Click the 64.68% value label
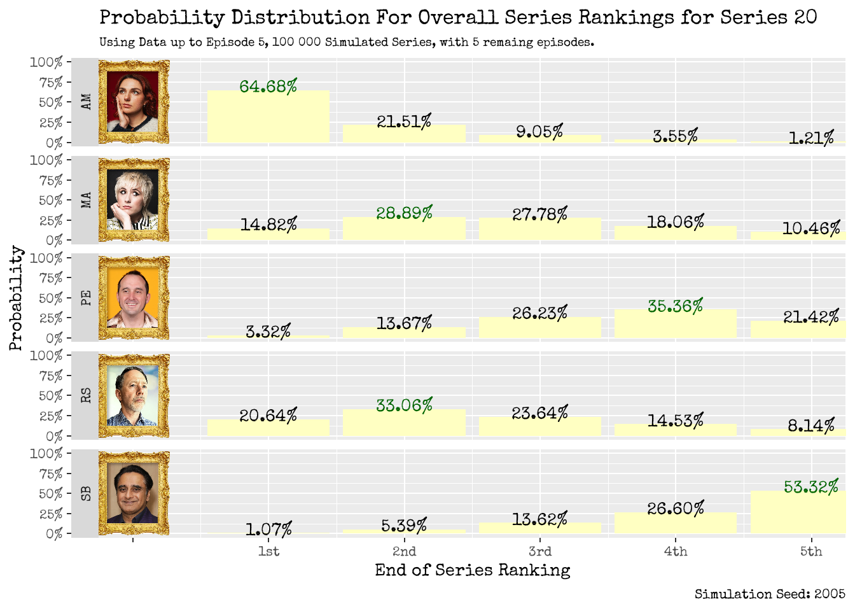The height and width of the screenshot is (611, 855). click(x=268, y=86)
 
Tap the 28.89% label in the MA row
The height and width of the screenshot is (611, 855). click(x=404, y=213)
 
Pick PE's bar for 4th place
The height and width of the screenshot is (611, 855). click(x=675, y=324)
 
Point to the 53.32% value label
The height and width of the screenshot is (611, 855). click(x=810, y=487)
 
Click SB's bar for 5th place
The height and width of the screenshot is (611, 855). click(x=798, y=512)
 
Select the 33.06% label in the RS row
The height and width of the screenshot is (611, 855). click(x=404, y=405)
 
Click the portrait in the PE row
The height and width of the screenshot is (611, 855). click(x=134, y=298)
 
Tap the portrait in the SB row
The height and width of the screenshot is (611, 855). click(x=134, y=493)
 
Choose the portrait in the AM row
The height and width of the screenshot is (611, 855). click(x=134, y=102)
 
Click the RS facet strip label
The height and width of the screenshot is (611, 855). click(x=86, y=395)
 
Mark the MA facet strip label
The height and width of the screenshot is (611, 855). click(x=86, y=200)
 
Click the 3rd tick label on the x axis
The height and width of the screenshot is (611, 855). click(x=539, y=551)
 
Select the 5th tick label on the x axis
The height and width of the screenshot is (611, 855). click(x=810, y=551)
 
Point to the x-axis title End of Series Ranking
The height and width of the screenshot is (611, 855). click(x=472, y=570)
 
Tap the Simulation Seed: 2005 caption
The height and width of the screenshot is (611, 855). click(x=770, y=594)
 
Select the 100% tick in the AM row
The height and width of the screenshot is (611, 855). click(x=46, y=62)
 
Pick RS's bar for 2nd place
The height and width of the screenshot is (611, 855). click(x=404, y=423)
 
